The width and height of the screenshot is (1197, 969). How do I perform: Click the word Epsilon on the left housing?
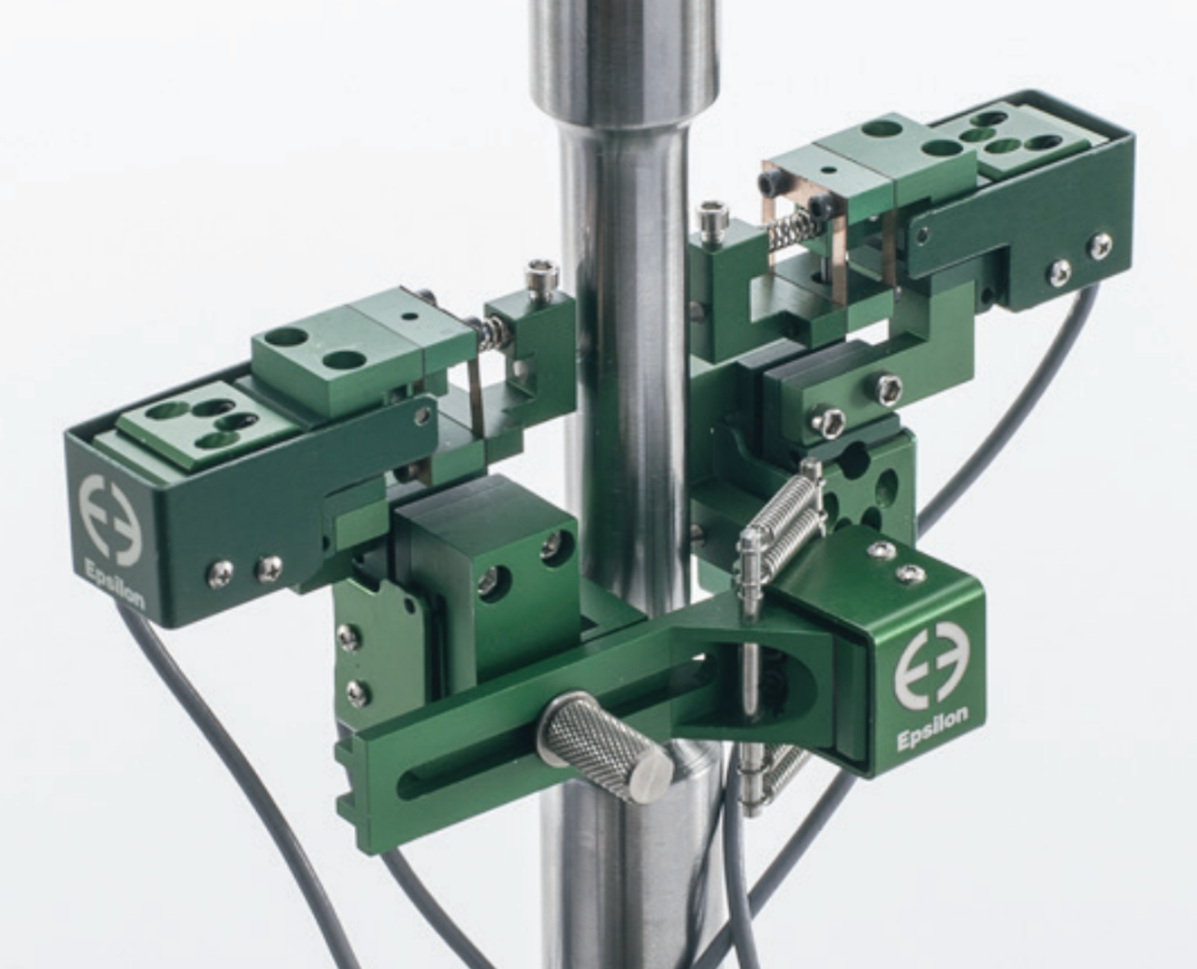point(115,584)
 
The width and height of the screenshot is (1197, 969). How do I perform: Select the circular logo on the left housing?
point(110,518)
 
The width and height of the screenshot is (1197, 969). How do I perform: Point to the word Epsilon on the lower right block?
point(932,728)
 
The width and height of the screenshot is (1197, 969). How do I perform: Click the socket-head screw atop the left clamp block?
point(541,282)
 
